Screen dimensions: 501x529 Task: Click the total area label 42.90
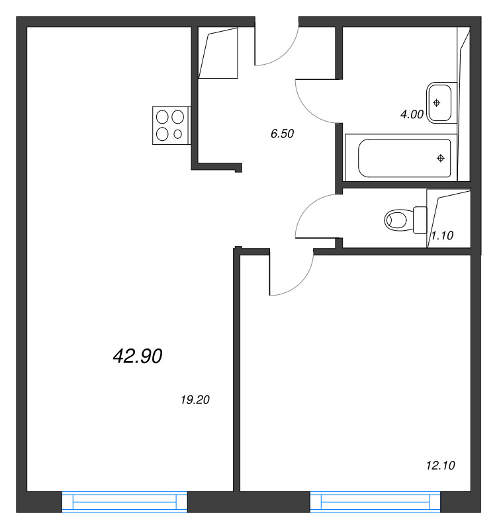point(138,356)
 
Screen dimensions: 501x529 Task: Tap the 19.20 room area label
point(195,400)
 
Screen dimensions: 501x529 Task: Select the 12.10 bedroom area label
point(441,466)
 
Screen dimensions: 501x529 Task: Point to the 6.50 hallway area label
point(282,134)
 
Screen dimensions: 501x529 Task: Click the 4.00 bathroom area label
point(412,114)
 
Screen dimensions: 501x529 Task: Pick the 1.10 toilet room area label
point(442,235)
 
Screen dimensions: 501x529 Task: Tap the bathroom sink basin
point(439,102)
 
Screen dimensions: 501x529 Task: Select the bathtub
point(401,157)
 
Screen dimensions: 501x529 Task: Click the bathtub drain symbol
point(441,158)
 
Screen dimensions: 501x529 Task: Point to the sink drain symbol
point(437,102)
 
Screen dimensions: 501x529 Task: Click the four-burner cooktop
point(171,126)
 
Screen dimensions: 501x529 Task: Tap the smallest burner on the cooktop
point(177,134)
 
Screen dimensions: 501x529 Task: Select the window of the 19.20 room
point(124,502)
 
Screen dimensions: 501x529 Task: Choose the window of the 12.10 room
point(375,502)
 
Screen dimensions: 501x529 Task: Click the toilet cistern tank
point(420,220)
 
